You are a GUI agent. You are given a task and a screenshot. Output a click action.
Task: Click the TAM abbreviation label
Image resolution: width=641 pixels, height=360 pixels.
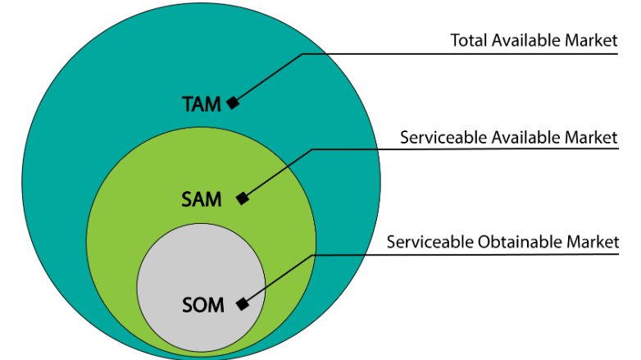point(202,104)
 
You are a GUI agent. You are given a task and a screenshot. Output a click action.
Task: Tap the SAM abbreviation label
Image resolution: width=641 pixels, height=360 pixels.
point(201,199)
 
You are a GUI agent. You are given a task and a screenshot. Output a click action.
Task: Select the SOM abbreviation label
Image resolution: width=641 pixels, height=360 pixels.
point(202,305)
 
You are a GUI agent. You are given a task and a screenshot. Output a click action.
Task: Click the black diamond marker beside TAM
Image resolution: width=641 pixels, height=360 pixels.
point(233,103)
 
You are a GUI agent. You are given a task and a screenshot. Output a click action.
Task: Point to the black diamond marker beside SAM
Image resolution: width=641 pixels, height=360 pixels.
point(241,198)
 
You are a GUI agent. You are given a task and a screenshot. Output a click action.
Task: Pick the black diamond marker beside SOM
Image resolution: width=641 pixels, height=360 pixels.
point(242,304)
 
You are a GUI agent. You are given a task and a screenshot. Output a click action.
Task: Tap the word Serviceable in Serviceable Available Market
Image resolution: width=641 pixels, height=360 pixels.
point(439,137)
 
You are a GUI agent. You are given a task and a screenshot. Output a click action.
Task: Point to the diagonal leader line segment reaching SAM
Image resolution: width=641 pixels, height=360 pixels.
point(279,172)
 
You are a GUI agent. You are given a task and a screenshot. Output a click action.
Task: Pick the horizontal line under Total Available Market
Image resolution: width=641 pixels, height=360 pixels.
point(459,54)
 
